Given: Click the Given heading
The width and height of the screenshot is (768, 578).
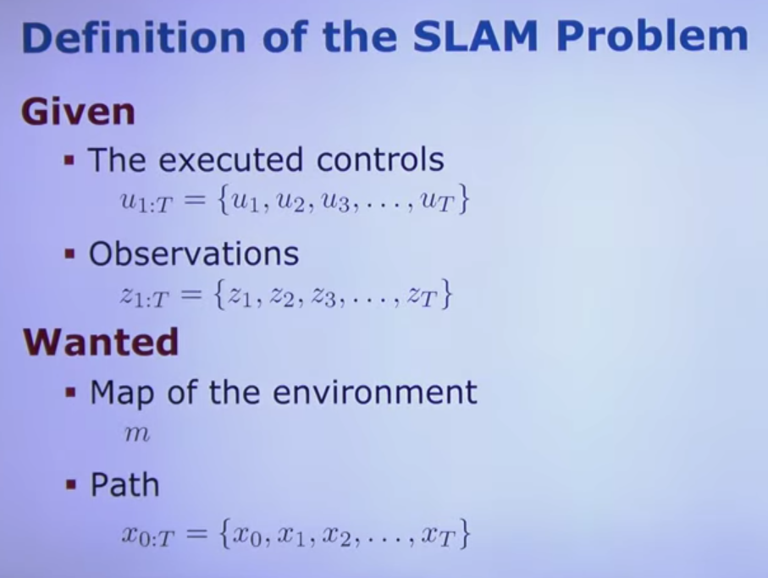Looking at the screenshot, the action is click(x=77, y=112).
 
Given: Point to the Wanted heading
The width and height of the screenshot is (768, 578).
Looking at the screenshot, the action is click(x=101, y=342).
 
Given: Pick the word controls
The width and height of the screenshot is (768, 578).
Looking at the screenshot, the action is click(x=380, y=160).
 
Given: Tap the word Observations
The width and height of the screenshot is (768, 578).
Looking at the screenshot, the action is click(x=194, y=254).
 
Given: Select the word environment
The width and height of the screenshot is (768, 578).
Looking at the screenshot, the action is click(x=374, y=393).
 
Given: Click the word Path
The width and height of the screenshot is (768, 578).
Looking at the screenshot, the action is click(x=125, y=485).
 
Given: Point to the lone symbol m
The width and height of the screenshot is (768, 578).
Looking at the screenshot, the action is click(x=136, y=433).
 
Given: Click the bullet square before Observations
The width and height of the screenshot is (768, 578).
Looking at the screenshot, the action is click(x=70, y=254).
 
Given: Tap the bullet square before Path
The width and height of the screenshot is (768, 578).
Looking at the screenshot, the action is click(x=71, y=485).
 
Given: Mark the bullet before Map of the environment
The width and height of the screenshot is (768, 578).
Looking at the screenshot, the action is click(x=71, y=392).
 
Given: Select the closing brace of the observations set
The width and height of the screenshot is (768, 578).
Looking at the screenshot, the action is click(x=445, y=294).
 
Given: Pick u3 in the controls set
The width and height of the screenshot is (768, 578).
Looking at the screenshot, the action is click(x=335, y=202).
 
